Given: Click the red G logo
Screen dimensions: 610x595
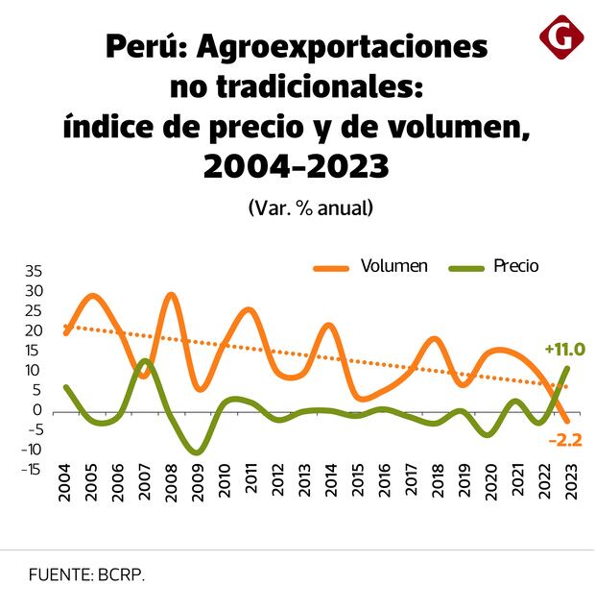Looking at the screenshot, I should point(561,37).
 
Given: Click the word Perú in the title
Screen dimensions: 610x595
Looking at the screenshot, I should point(142,46).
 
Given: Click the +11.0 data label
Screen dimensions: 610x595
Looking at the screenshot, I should point(564,349).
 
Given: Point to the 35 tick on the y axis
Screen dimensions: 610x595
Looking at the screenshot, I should point(35,271).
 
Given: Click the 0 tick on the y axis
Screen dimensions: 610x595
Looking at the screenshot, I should point(38,410).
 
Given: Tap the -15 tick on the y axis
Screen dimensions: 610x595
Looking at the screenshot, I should point(32,469).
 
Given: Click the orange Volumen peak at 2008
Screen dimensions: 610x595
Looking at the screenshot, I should point(172,295).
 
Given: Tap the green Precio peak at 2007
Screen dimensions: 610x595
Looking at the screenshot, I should point(145,361).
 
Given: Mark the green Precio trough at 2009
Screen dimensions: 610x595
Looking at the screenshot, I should point(198,451).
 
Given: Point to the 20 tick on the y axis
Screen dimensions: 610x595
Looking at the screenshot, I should point(35,330).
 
